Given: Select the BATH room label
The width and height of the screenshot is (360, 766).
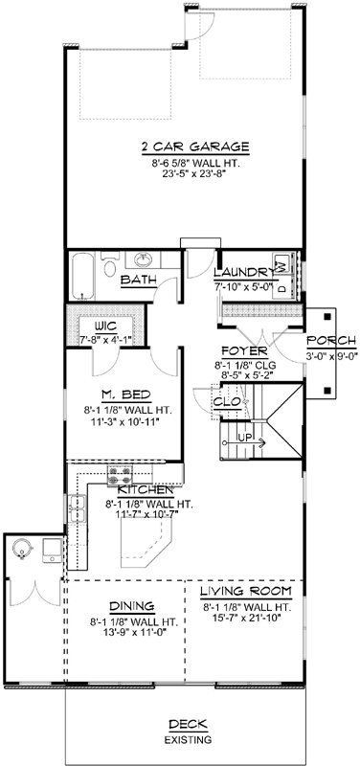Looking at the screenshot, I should tap(139, 280).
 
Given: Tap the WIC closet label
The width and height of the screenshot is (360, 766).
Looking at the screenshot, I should tap(105, 325).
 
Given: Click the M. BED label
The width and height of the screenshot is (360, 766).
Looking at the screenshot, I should tap(122, 394).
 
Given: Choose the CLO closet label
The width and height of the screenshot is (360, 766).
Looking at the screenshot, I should tap(226, 402).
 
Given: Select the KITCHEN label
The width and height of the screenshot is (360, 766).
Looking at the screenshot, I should tap(144, 489).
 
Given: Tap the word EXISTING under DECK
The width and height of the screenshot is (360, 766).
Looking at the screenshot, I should tap(181, 741).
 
